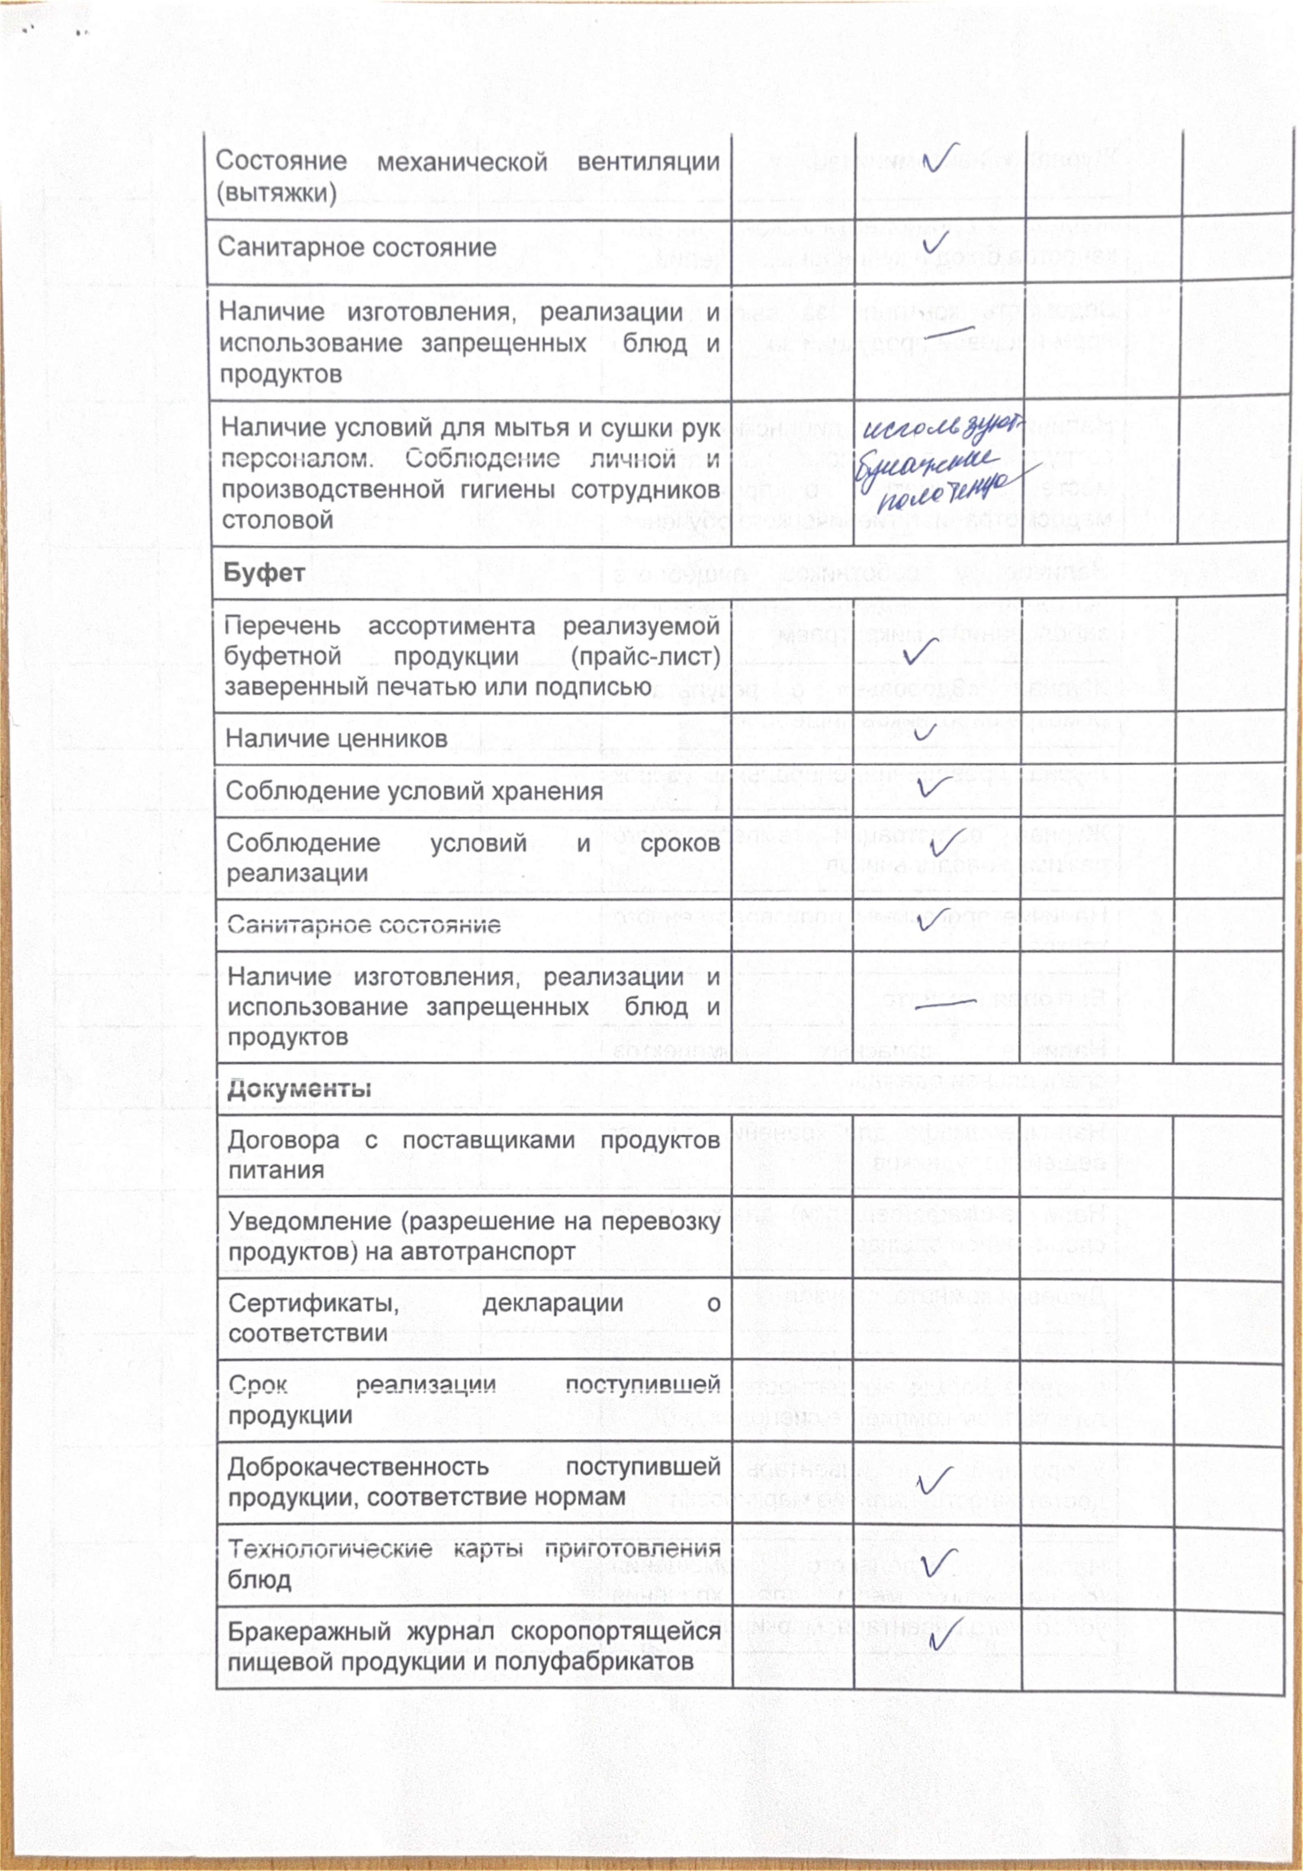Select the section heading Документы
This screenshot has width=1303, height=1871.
point(299,1089)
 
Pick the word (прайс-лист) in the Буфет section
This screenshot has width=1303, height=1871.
point(645,657)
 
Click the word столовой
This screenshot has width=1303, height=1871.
point(277,520)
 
